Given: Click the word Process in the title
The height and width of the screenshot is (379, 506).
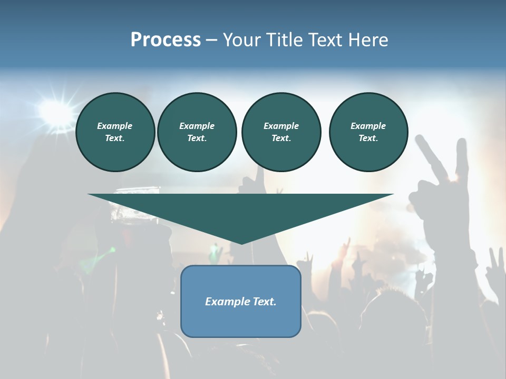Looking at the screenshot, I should pos(166,40).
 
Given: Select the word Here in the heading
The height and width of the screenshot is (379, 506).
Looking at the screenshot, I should pos(367,40).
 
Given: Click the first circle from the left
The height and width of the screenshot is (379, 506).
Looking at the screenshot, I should pos(115,132).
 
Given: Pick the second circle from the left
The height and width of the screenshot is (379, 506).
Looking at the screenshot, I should pos(197,132).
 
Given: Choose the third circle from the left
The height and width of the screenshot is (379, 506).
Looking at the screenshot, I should pos(281,132).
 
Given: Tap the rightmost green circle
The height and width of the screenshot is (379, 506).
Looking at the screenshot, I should pos(368,132).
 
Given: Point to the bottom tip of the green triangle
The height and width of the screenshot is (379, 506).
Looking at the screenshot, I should pos(241,243).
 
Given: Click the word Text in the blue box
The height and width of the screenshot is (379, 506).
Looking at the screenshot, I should pos(264,302).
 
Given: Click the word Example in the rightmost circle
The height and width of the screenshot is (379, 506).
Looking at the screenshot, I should pos(368,126).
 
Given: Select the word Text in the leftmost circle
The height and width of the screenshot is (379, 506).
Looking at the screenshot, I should pos(114,138).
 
